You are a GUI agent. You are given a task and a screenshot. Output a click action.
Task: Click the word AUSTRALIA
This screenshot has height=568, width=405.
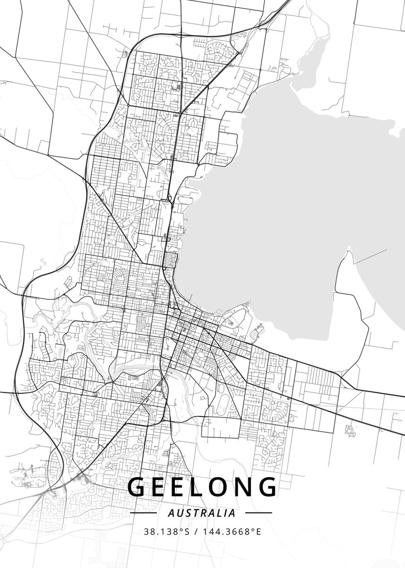click(x=202, y=513)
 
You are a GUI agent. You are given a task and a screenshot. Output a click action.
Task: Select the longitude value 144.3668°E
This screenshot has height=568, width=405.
click(x=232, y=532)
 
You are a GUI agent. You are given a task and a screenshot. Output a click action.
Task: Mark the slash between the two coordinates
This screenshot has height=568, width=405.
click(x=196, y=532)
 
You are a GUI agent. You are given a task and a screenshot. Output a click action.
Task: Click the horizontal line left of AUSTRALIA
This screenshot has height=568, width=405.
click(x=143, y=513)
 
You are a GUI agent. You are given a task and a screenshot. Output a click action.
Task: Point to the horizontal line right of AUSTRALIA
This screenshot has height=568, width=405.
click(x=259, y=513)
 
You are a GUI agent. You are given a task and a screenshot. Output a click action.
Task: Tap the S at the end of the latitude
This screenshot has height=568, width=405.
click(x=187, y=532)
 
